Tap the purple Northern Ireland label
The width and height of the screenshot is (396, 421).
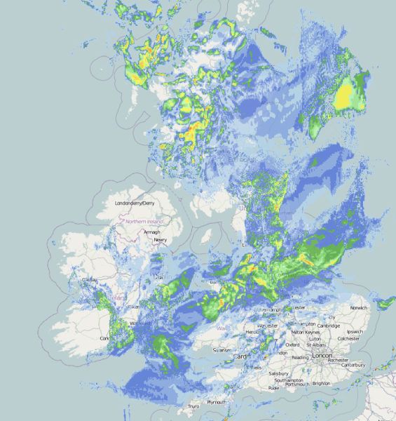pyautogui.click(x=144, y=222)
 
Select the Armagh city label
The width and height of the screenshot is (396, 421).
pyautogui.click(x=152, y=232)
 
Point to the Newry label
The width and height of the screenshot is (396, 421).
pyautogui.click(x=161, y=240)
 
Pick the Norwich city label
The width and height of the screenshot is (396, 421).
pyautogui.click(x=359, y=308)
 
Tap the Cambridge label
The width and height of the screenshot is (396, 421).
pyautogui.click(x=328, y=326)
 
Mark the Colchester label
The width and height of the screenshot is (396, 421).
pyautogui.click(x=349, y=339)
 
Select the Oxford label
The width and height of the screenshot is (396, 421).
pyautogui.click(x=293, y=345)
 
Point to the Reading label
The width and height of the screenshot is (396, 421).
pyautogui.click(x=300, y=357)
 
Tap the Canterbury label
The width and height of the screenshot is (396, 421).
pyautogui.click(x=353, y=365)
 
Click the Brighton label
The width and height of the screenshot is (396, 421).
pyautogui.click(x=322, y=383)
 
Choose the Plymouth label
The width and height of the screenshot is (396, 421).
pyautogui.click(x=216, y=402)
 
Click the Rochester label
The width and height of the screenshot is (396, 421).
pyautogui.click(x=348, y=359)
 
